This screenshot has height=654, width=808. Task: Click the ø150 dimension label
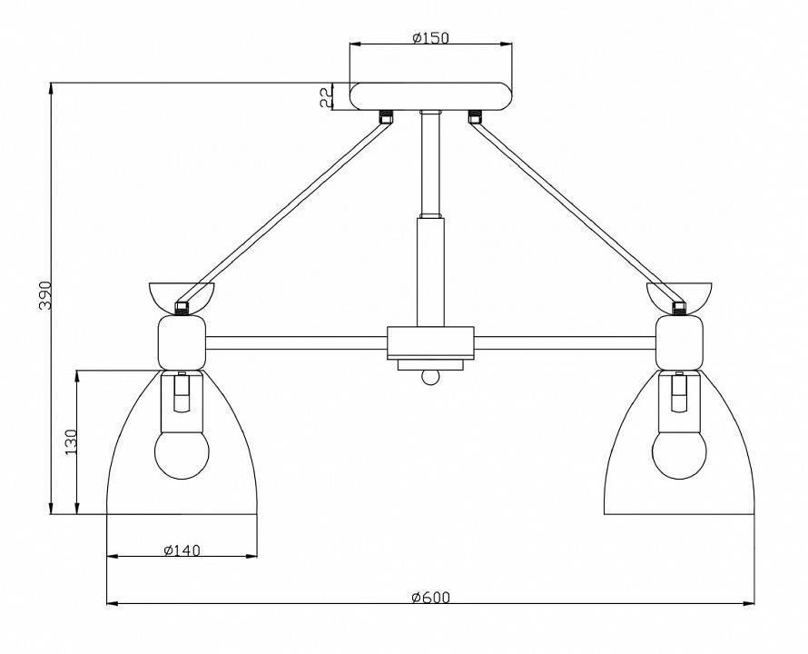pos(431,37)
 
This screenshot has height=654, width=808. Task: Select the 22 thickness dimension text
pos(325,97)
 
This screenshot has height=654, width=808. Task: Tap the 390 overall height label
pos(45,295)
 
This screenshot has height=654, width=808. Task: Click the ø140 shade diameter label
pos(182,550)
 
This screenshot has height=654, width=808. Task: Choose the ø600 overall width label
pos(431,597)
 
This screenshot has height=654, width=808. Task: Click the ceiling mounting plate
pos(431,96)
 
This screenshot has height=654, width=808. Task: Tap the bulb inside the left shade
pos(182,454)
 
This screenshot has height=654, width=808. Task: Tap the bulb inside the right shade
pos(679,454)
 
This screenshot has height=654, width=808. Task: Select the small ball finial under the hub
pos(430,377)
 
